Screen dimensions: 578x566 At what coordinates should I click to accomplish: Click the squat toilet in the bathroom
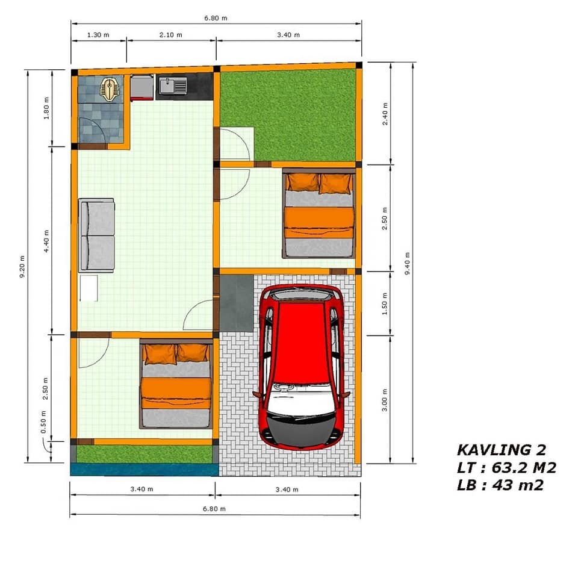click(109, 89)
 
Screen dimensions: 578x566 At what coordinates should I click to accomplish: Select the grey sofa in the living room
click(96, 235)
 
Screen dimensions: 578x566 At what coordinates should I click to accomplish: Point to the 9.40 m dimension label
click(408, 263)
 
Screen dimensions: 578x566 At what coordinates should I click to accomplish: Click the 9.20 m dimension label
click(22, 266)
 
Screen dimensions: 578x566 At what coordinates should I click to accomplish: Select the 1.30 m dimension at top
click(98, 35)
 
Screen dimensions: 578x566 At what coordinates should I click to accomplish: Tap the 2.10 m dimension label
click(170, 35)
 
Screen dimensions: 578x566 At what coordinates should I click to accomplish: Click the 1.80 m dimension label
click(46, 108)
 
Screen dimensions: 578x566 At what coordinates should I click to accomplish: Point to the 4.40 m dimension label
click(46, 241)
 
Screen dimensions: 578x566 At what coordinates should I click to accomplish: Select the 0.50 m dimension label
click(43, 422)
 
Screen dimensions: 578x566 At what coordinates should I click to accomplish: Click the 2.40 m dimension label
click(385, 114)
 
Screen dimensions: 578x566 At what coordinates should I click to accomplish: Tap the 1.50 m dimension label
click(385, 303)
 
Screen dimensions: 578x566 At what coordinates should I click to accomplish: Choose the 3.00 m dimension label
click(385, 400)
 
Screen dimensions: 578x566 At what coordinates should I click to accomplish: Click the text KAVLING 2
click(502, 450)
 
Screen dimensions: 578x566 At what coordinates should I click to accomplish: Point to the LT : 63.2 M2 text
click(506, 467)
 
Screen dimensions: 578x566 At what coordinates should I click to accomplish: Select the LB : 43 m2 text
click(500, 485)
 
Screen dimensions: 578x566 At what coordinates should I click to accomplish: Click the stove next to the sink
click(142, 88)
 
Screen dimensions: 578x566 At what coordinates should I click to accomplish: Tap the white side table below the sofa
click(89, 288)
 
